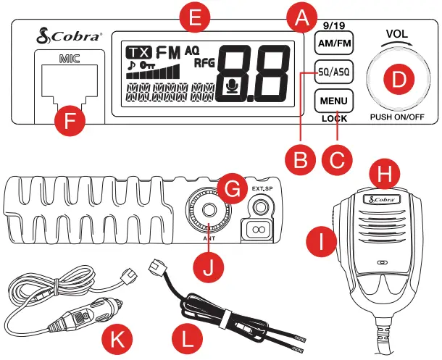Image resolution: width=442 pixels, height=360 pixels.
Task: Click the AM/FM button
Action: pos(333,43)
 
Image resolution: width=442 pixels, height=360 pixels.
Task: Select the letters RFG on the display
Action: pos(206,64)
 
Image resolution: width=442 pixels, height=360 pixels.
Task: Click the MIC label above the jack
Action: pos(70,54)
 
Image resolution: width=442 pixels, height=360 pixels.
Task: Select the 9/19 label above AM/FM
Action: pos(333,25)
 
